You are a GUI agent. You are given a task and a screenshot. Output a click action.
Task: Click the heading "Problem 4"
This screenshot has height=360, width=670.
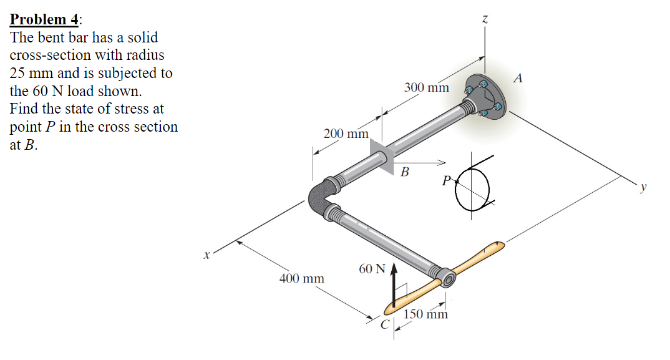click(x=44, y=19)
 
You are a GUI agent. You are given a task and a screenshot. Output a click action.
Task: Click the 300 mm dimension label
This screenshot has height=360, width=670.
click(x=426, y=87)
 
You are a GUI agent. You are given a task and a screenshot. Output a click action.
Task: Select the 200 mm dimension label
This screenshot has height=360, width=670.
click(x=346, y=134)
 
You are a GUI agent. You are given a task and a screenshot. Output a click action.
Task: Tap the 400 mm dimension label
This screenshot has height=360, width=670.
click(x=302, y=278)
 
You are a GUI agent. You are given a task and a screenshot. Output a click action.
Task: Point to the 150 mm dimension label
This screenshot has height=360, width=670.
click(x=426, y=314)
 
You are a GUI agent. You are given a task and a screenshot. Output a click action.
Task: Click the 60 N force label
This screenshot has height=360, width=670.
click(x=372, y=269)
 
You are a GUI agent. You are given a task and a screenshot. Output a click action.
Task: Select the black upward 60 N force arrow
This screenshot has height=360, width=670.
click(x=394, y=284)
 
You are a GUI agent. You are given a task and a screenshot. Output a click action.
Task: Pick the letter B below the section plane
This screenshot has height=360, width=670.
click(x=405, y=172)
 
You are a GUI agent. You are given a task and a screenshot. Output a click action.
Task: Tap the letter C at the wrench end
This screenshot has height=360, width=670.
click(x=386, y=324)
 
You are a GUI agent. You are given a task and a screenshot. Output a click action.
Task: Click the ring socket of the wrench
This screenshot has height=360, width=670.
click(x=447, y=276)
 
